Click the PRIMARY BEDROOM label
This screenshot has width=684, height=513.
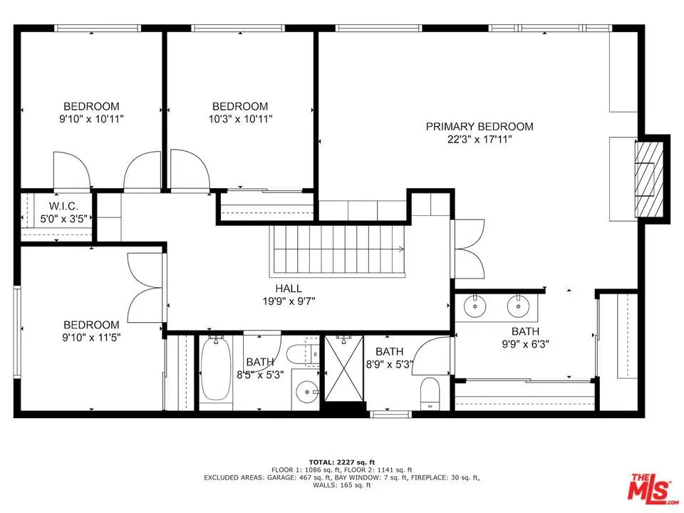479,127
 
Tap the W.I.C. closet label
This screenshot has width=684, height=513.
53,206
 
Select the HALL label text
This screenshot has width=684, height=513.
289,289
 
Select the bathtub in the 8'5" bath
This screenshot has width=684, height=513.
214,370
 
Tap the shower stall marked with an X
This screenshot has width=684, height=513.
344,370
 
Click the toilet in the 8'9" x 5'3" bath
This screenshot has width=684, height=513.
430,394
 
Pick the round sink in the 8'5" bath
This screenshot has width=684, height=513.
307,391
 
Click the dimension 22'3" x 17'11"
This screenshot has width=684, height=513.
479,140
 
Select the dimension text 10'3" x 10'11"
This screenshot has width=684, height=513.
239,119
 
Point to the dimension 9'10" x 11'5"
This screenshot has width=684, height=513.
91,338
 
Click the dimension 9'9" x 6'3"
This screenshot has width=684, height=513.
524,344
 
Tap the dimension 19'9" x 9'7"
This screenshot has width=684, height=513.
289,301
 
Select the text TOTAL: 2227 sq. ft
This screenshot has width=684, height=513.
341,462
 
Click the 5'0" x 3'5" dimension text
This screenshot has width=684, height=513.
53,219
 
